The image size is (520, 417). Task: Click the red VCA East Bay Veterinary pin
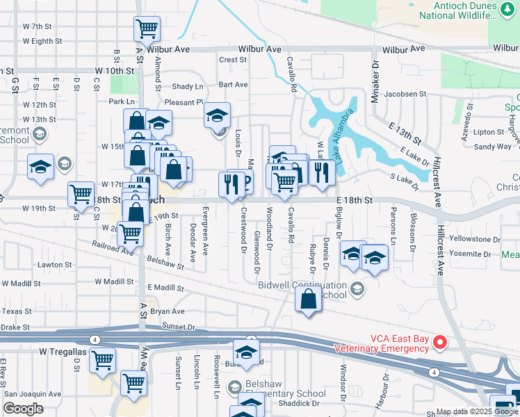click(439, 341)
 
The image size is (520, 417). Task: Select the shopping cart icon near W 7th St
click(147, 28)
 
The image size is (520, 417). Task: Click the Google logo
click(24, 409)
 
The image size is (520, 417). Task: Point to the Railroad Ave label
click(113, 249)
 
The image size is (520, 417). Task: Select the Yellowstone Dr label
click(475, 238)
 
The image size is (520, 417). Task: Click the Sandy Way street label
click(493, 147)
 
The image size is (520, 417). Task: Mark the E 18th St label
click(355, 199)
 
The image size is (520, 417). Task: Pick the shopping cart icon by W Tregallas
click(102, 360)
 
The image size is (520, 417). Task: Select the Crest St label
click(233, 60)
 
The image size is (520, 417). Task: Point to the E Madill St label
click(165, 288)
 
